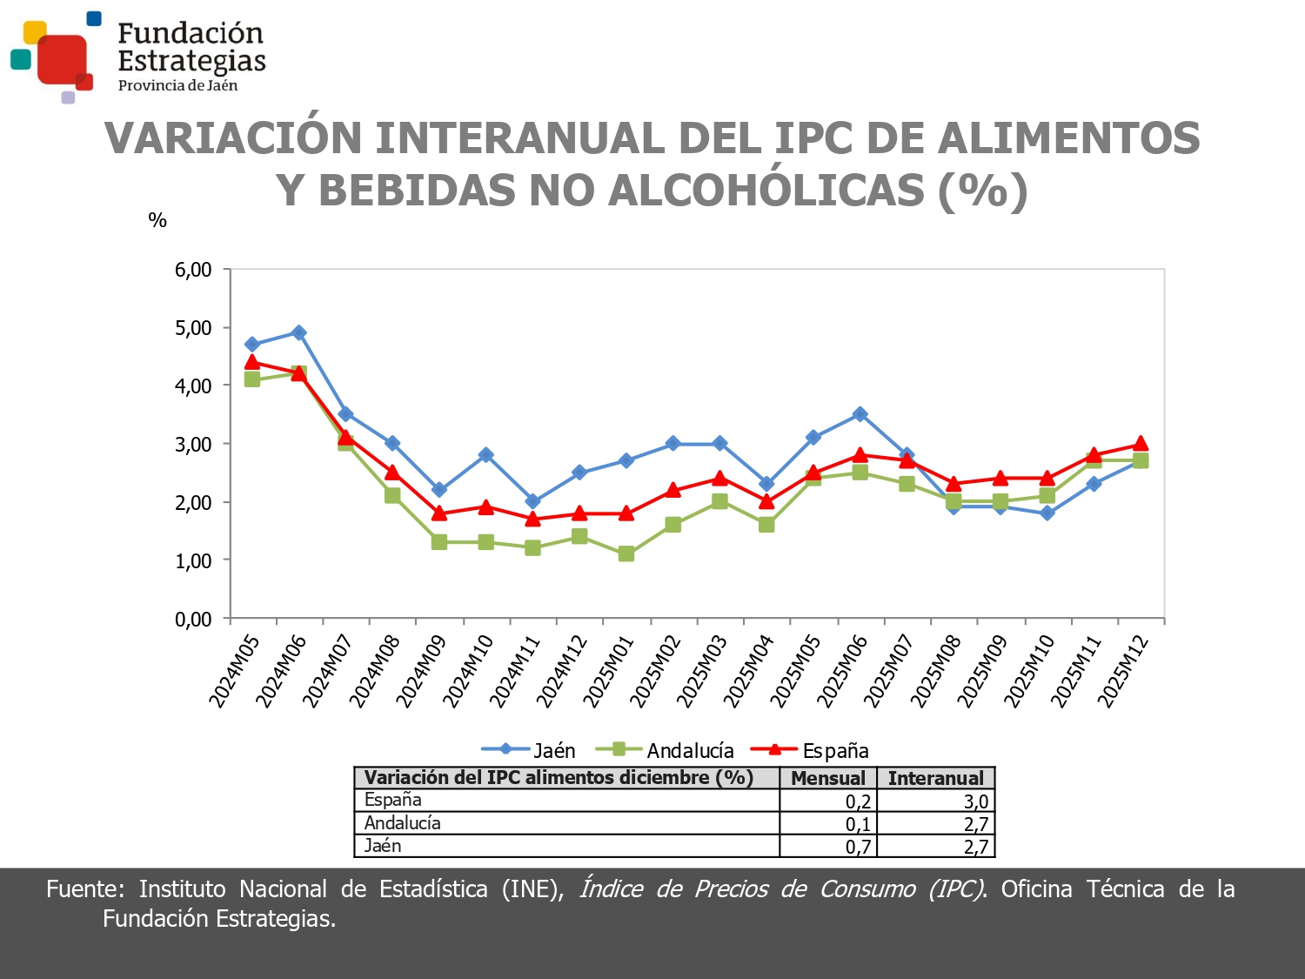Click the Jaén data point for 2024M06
[298, 332]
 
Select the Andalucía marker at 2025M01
[626, 553]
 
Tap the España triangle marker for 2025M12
[1140, 444]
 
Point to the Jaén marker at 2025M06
[860, 414]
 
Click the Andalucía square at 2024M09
[438, 542]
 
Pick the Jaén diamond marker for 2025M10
[1047, 513]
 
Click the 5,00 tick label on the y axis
[193, 328]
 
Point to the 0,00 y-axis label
[193, 620]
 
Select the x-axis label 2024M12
[561, 671]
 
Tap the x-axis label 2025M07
[888, 671]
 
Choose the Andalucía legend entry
[666, 750]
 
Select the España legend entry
[810, 750]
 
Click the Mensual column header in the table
[827, 778]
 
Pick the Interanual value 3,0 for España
[975, 801]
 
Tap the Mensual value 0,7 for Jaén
[858, 847]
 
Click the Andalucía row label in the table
[402, 823]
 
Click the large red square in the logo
[61, 59]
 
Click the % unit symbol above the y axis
[157, 220]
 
